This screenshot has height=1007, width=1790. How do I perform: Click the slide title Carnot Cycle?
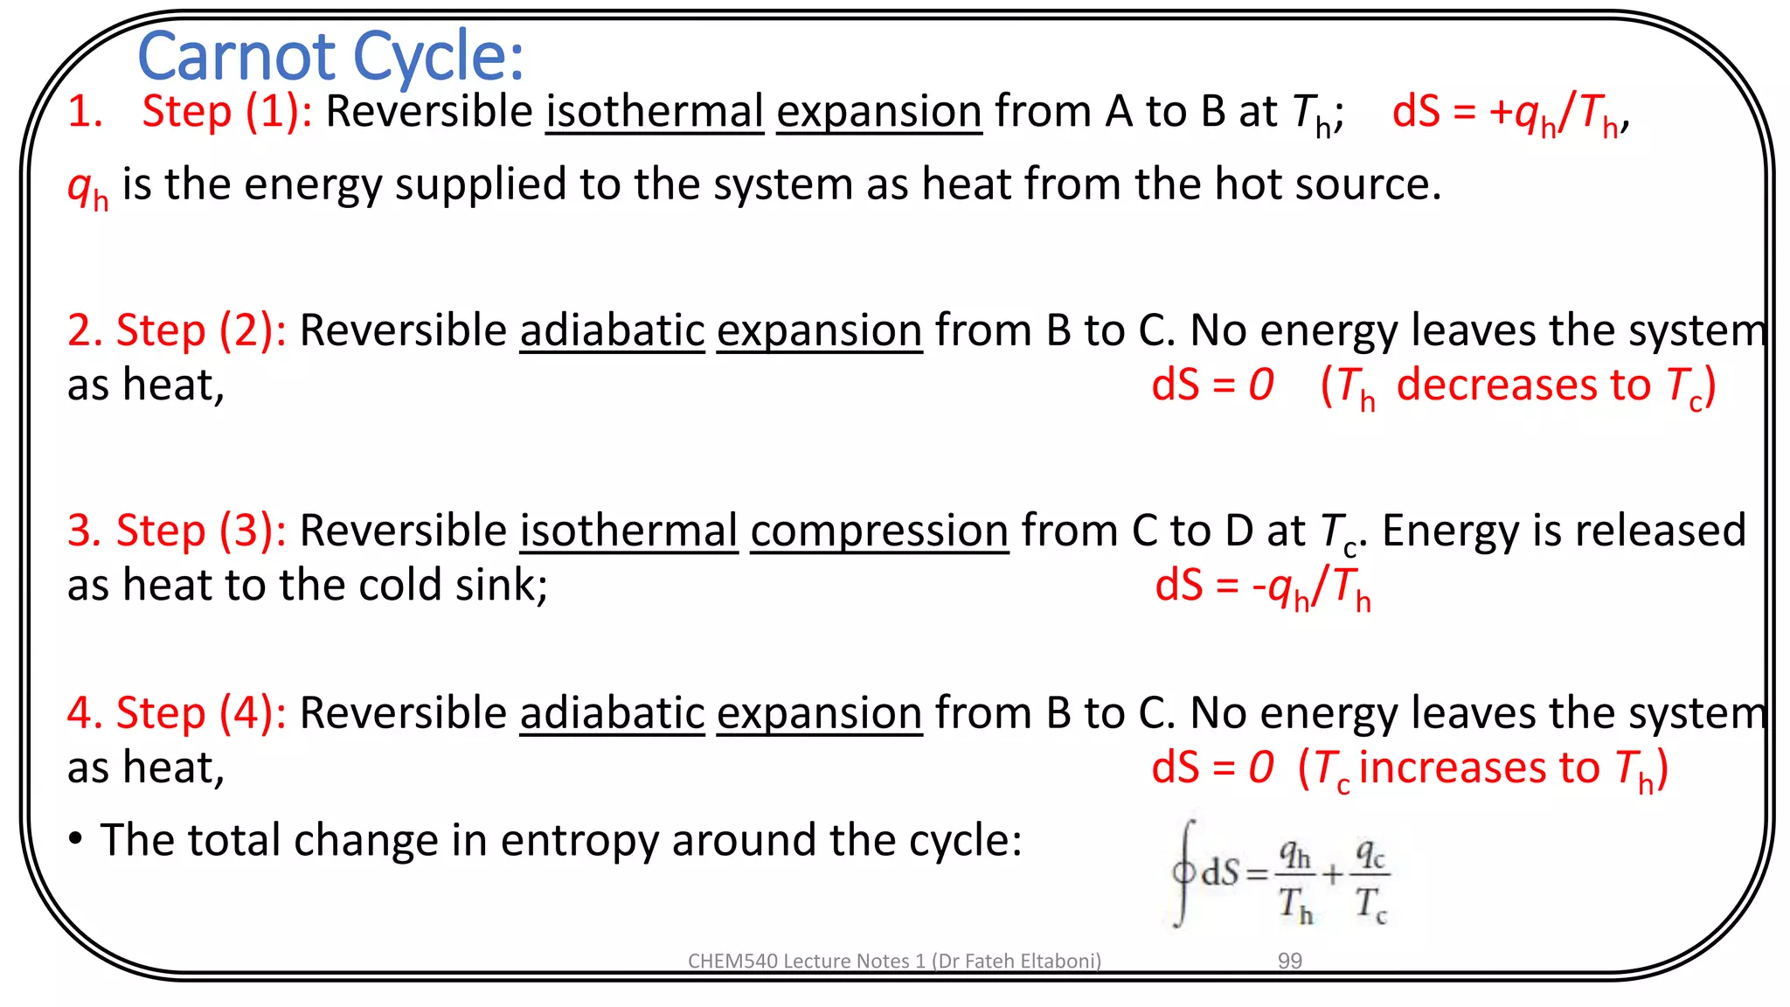[330, 57]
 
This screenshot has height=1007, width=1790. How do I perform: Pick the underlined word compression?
[879, 531]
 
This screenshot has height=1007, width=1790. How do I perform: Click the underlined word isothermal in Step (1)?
[655, 112]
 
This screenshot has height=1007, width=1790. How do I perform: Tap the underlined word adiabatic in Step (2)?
[612, 330]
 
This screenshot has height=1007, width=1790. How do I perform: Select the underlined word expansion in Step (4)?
[819, 713]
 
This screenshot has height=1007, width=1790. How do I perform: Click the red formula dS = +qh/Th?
[1509, 114]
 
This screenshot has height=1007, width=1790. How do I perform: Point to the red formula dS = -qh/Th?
[1262, 586]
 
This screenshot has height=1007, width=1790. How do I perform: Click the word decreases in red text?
[1523, 385]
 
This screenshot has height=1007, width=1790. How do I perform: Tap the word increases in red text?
[1479, 767]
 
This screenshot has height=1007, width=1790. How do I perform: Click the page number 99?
[1289, 961]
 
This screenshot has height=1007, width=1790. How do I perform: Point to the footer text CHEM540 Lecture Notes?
[893, 961]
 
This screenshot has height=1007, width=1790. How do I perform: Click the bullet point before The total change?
[76, 840]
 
